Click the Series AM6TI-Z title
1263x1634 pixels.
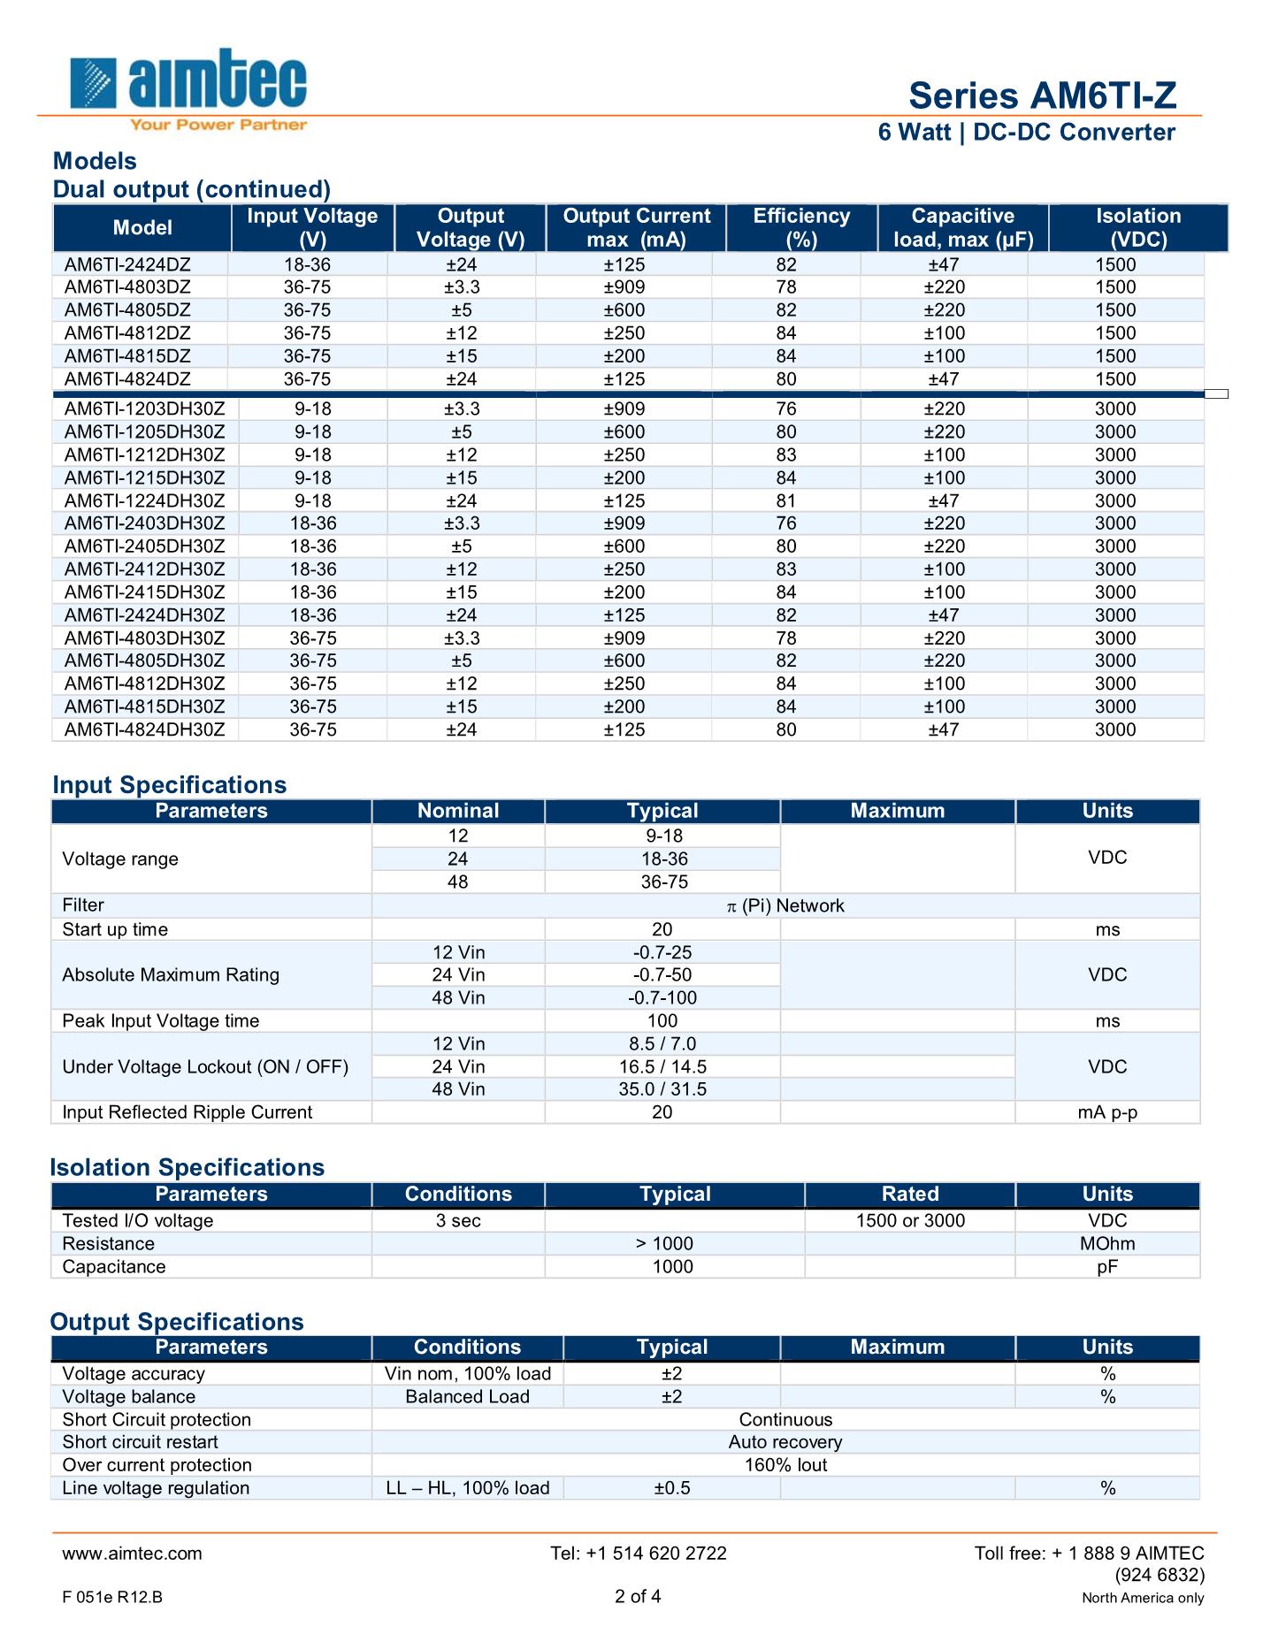pyautogui.click(x=1043, y=95)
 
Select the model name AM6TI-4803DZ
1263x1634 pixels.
pyautogui.click(x=127, y=287)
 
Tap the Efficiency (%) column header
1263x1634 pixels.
pyautogui.click(x=801, y=228)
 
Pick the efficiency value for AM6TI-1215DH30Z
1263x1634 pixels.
pyautogui.click(x=785, y=478)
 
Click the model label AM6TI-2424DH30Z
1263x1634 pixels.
pyautogui.click(x=144, y=615)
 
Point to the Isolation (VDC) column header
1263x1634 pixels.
pyautogui.click(x=1138, y=228)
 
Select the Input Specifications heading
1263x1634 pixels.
pyautogui.click(x=169, y=785)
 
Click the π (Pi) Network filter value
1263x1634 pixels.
pyautogui.click(x=785, y=905)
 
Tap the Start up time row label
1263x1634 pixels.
pyautogui.click(x=115, y=929)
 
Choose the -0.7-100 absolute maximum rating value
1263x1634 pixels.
pyautogui.click(x=662, y=998)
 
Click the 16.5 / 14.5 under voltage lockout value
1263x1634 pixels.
pyautogui.click(x=662, y=1067)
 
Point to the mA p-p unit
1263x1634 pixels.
pyautogui.click(x=1107, y=1112)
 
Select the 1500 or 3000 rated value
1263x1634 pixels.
pyautogui.click(x=910, y=1221)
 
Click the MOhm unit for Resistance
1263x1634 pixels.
pyautogui.click(x=1107, y=1244)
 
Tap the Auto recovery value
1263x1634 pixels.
pyautogui.click(x=785, y=1442)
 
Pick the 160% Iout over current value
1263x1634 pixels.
pyautogui.click(x=785, y=1465)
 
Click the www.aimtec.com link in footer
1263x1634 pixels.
pyautogui.click(x=132, y=1554)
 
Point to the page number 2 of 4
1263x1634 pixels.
pyautogui.click(x=638, y=1597)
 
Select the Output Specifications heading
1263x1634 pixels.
pyautogui.click(x=177, y=1322)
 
